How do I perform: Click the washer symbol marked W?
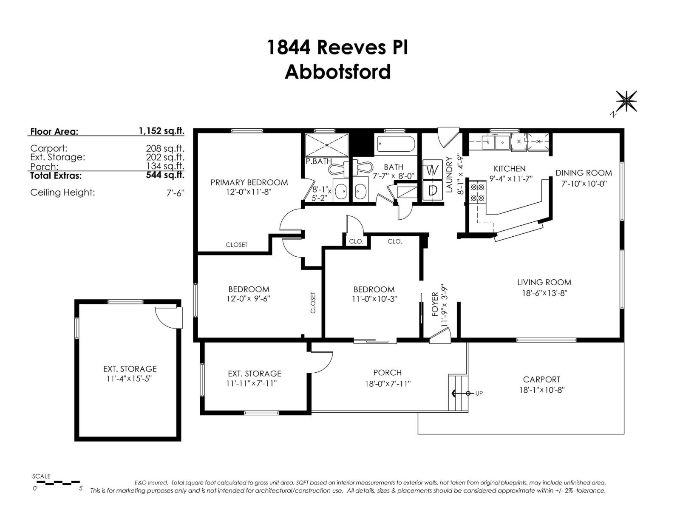pyautogui.click(x=432, y=170)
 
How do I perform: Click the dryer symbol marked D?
pyautogui.click(x=432, y=190)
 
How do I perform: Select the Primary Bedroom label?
pyautogui.click(x=249, y=182)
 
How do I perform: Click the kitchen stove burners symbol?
pyautogui.click(x=478, y=192)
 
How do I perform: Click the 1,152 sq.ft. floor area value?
pyautogui.click(x=161, y=131)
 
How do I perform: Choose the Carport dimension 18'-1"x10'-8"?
pyautogui.click(x=541, y=390)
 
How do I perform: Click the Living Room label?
pyautogui.click(x=544, y=282)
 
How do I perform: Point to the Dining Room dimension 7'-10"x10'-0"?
pyautogui.click(x=584, y=184)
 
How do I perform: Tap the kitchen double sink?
pyautogui.click(x=496, y=142)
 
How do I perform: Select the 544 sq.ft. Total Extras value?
pyautogui.click(x=165, y=175)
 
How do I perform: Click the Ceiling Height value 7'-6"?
pyautogui.click(x=176, y=193)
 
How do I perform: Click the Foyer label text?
pyautogui.click(x=435, y=304)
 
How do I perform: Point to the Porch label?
pyautogui.click(x=387, y=373)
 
